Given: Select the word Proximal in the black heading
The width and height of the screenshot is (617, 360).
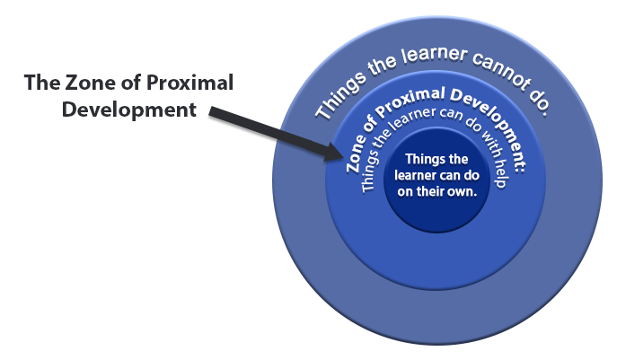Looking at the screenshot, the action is point(190,83).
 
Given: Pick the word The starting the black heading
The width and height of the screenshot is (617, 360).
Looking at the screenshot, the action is point(41,83).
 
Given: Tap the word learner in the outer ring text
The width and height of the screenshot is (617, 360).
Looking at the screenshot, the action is point(434,56).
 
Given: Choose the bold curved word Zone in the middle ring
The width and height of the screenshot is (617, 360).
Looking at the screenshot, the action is point(357,153).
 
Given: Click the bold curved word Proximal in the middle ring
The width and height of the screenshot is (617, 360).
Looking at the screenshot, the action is point(410,101).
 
